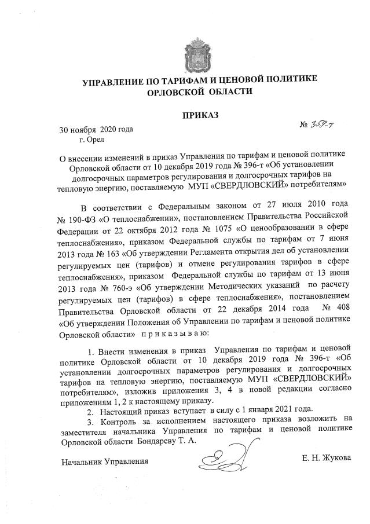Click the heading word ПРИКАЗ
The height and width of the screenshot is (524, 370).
click(200, 116)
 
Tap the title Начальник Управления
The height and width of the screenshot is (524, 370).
click(105, 461)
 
